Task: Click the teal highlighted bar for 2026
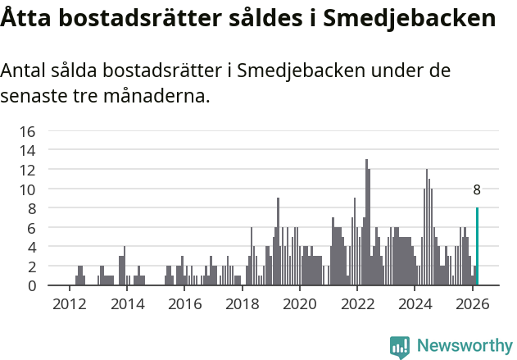click(477, 247)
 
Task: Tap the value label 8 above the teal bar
click(477, 189)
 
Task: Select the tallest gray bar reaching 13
click(366, 223)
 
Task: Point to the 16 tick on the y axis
click(27, 131)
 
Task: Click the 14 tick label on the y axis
click(27, 150)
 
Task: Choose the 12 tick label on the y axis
click(27, 170)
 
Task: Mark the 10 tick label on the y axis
click(27, 189)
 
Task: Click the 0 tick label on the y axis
click(31, 285)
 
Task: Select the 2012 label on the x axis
click(69, 303)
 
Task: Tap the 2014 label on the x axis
click(126, 303)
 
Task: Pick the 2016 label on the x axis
click(184, 303)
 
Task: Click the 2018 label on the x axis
click(242, 303)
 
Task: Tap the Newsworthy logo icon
click(400, 346)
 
